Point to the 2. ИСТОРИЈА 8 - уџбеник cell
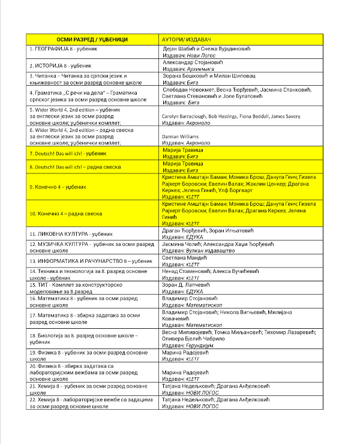point(59,65)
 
